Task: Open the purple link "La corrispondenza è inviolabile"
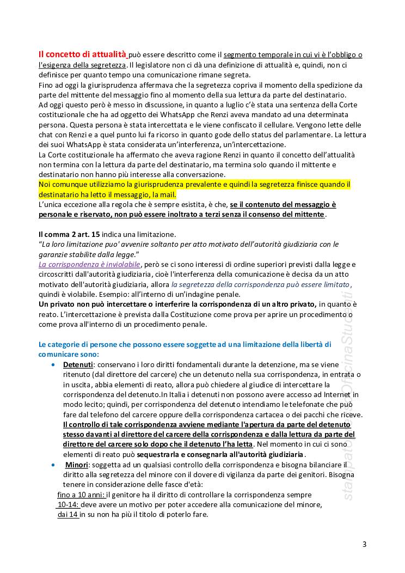pyautogui.click(x=89, y=264)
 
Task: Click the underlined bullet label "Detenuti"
pyautogui.click(x=78, y=364)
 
